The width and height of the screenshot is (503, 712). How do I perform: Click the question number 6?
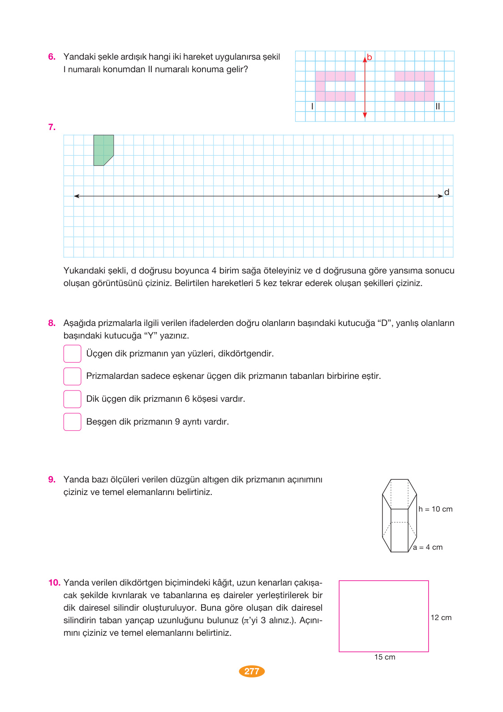52,57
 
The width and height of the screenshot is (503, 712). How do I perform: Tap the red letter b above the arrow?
370,57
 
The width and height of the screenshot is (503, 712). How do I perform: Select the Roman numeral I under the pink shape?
312,106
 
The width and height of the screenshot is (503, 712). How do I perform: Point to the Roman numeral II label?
438,106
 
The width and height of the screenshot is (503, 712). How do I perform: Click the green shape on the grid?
103,149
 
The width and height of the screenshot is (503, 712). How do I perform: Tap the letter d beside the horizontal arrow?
447,192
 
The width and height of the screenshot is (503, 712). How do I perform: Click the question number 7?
52,127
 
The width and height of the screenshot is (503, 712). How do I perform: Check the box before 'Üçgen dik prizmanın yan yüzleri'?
72,354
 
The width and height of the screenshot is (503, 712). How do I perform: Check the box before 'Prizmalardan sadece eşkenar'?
72,376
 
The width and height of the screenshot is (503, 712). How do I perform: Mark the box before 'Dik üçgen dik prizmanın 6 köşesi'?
72,399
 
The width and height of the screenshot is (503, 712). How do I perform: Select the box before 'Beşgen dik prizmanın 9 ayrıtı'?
72,422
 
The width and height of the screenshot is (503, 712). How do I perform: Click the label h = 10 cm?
435,509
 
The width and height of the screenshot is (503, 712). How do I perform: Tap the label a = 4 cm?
428,547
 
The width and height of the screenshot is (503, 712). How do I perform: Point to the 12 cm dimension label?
441,618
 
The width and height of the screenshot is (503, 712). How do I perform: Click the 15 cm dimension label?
385,657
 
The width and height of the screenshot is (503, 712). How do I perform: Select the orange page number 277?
252,671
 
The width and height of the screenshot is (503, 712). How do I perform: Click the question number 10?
54,583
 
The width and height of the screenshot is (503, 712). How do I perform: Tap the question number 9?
52,480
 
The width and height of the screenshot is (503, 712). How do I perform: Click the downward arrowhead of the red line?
365,116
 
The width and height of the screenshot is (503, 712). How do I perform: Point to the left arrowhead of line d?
77,196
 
